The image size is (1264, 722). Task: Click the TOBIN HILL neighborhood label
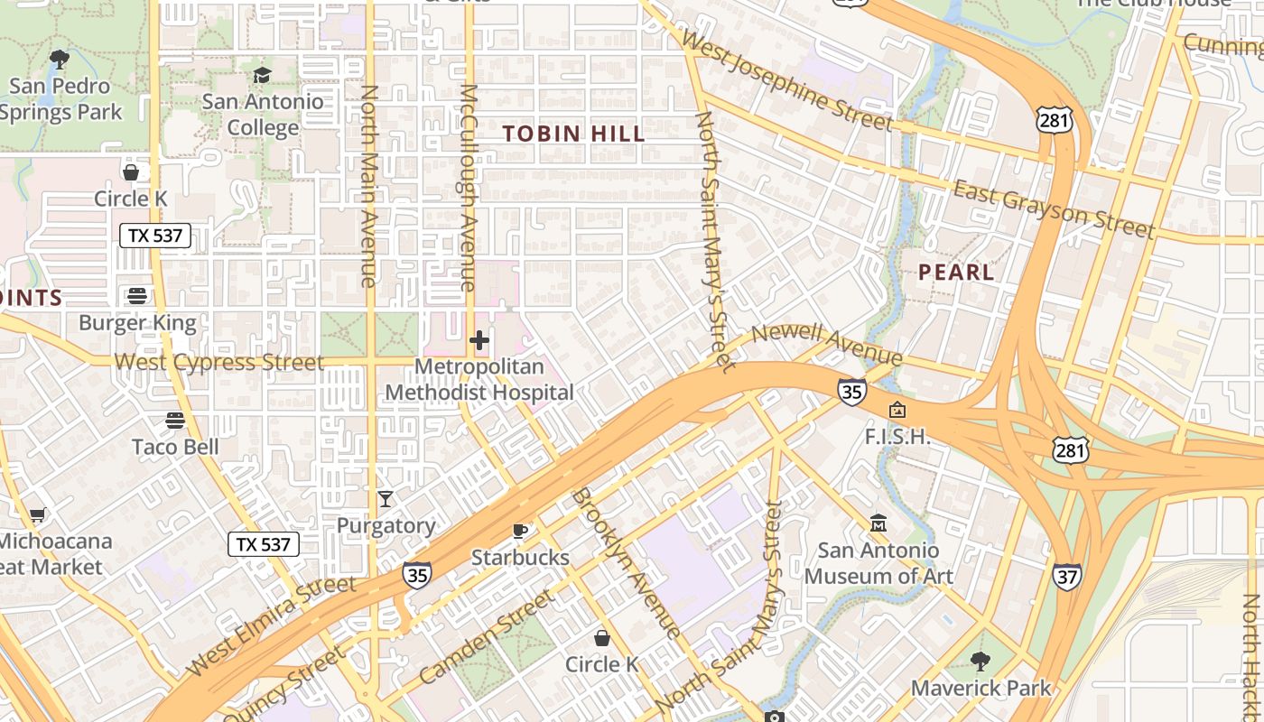[x=573, y=134]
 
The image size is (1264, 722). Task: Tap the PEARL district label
[x=956, y=272]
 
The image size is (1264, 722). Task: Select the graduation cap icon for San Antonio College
[x=262, y=75]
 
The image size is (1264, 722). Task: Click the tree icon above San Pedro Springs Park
[x=60, y=60]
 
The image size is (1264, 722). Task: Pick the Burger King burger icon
[x=137, y=296]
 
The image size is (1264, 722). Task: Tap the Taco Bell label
[x=175, y=447]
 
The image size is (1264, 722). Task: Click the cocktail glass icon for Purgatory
[x=386, y=499]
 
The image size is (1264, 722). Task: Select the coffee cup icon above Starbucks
[x=520, y=531]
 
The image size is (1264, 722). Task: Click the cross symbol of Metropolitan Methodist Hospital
[x=479, y=340]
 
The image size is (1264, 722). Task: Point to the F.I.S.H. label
[x=897, y=437]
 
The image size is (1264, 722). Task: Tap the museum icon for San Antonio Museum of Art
[x=878, y=523]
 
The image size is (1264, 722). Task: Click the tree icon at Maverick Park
[x=981, y=662]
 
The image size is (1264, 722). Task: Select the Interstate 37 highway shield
[x=1066, y=577]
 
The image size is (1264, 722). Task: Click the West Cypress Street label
[x=218, y=363]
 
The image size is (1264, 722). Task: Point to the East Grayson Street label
[x=1054, y=208]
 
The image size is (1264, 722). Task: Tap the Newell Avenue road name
[x=826, y=344]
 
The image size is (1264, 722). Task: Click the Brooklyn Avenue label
[x=627, y=563]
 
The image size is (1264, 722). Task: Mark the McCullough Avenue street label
[x=468, y=188]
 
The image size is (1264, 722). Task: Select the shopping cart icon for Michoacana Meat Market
[x=37, y=515]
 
